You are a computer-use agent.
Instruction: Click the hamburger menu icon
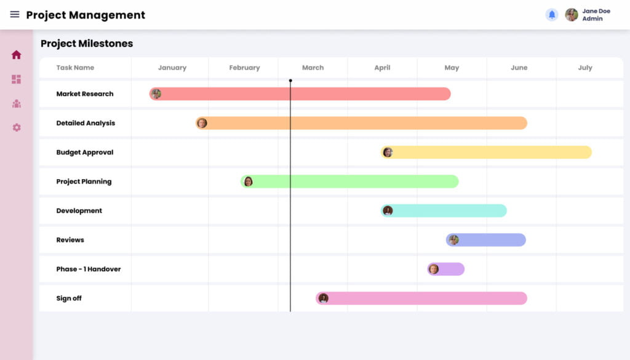coord(15,15)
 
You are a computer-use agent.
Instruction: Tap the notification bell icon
coord(552,15)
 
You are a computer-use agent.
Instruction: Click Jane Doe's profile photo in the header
coord(572,15)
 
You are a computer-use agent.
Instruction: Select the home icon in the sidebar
coord(17,55)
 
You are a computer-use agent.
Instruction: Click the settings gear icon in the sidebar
coord(17,127)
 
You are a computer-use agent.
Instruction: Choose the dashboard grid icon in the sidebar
coord(17,79)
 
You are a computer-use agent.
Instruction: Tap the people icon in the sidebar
coord(17,103)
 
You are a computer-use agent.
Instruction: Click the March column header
coord(313,68)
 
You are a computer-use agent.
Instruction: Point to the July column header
coord(585,68)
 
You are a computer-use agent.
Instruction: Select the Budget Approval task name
coord(85,153)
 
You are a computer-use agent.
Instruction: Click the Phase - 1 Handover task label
coord(89,269)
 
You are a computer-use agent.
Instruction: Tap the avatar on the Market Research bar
coord(156,94)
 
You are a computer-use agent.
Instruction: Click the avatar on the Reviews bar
coord(453,240)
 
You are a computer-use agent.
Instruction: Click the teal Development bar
coord(449,210)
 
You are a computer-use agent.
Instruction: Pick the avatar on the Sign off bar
coord(324,298)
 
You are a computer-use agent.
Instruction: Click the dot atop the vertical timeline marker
coord(290,81)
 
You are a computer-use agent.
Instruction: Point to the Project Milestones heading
coord(87,44)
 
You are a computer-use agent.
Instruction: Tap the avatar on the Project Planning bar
coord(248,182)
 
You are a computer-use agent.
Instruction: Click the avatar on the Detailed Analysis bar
coord(202,123)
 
